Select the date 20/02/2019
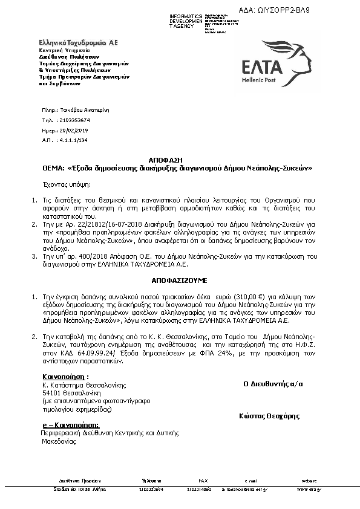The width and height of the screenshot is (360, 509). click(73, 130)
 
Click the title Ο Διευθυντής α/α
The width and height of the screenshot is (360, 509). click(273, 384)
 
